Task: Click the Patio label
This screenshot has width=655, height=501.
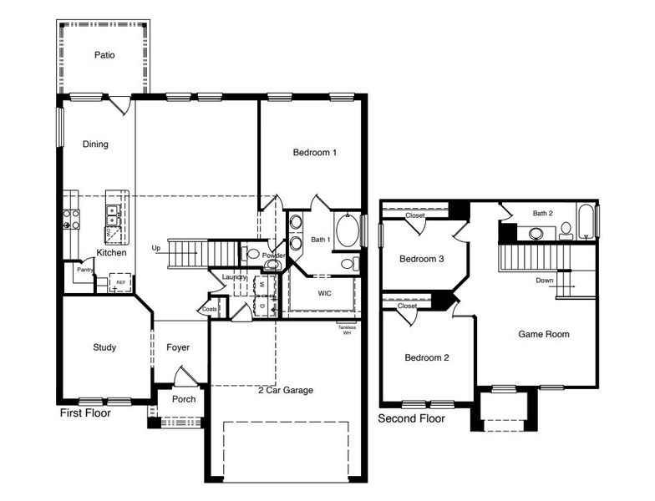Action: [104, 56]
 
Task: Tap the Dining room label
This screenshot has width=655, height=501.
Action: [95, 144]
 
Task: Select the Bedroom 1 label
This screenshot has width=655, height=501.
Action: [314, 153]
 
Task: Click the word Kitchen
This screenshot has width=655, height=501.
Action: [111, 253]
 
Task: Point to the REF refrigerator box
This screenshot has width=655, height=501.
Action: [121, 283]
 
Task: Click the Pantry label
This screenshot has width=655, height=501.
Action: [84, 270]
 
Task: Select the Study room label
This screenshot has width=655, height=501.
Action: [104, 347]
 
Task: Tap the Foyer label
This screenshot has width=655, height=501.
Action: [178, 347]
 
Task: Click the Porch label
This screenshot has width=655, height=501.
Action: [183, 399]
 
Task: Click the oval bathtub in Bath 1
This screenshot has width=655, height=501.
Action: [347, 230]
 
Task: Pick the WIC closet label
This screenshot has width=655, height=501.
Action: [325, 294]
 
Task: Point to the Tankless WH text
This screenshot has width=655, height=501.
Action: [347, 330]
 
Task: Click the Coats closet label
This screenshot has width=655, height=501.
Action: [210, 309]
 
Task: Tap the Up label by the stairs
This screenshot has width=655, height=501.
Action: [155, 248]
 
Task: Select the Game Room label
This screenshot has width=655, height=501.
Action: [544, 334]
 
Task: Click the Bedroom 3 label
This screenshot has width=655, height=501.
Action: [421, 259]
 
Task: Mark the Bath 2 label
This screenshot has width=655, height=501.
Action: [543, 214]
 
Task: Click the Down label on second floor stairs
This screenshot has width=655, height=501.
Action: [545, 281]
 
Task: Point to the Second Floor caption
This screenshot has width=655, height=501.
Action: [411, 418]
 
